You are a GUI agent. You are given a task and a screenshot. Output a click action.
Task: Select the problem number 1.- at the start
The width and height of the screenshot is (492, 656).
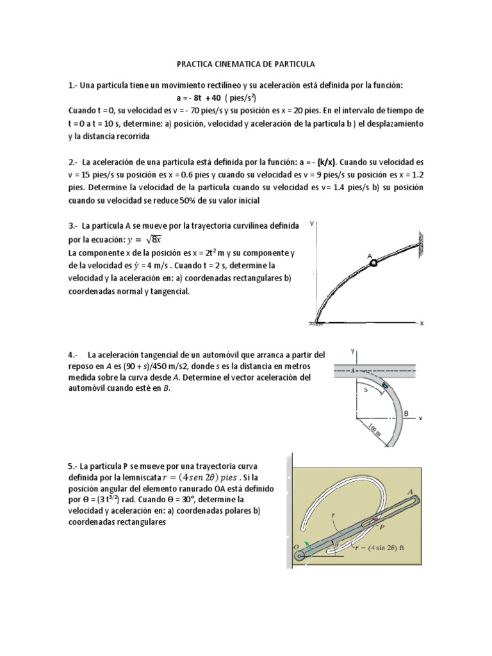72,85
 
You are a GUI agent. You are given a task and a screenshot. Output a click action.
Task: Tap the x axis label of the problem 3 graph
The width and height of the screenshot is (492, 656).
422,324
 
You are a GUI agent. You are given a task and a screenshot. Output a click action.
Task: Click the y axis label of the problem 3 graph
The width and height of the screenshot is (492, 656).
312,224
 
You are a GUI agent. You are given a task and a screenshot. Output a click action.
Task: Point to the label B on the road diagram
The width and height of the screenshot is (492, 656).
406,413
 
